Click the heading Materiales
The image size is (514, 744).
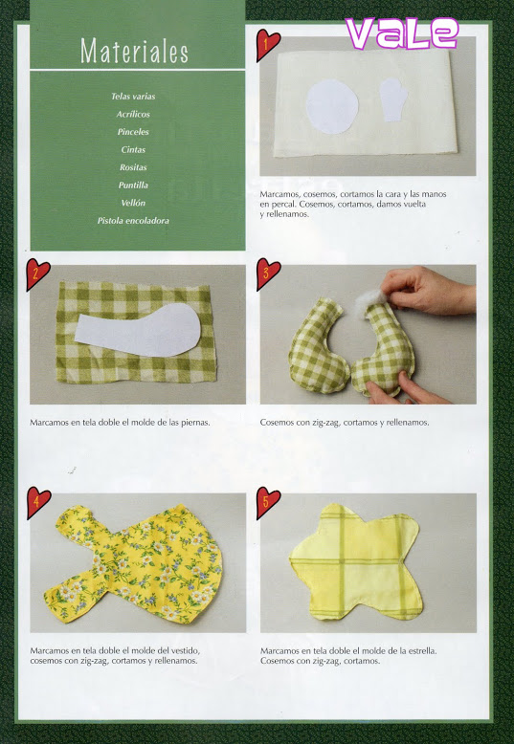click(x=134, y=51)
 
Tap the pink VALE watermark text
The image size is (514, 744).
click(x=402, y=33)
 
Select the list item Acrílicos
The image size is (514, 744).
click(x=133, y=115)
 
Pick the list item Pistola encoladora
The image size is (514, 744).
click(x=133, y=221)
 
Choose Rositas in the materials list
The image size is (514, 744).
click(x=133, y=167)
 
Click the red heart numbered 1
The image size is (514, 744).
click(x=266, y=44)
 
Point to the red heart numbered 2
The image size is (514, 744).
click(x=36, y=274)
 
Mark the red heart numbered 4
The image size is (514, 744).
click(x=37, y=502)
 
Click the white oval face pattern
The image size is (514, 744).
click(x=332, y=106)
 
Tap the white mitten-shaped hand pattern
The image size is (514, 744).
click(x=393, y=99)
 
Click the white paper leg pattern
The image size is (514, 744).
click(x=138, y=330)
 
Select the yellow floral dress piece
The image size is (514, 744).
click(x=134, y=563)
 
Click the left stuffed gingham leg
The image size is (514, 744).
click(x=317, y=347)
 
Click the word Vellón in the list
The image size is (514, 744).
click(x=133, y=203)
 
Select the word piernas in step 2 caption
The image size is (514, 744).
click(x=195, y=423)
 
